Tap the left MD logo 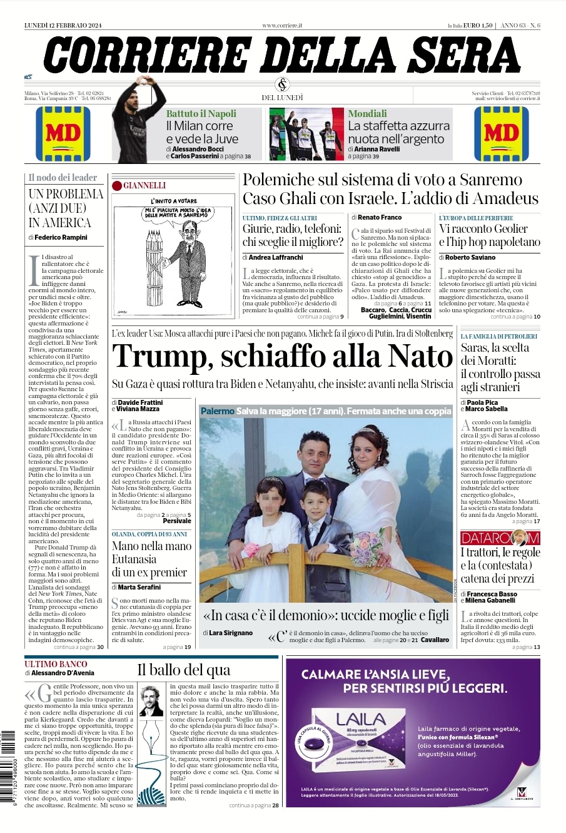tap(63, 133)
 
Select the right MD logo tap(502, 133)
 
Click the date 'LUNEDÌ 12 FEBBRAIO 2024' tap(63, 25)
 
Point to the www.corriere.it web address tap(282, 25)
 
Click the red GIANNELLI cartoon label tap(144, 185)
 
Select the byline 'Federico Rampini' tap(61, 238)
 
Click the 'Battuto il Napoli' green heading tap(201, 114)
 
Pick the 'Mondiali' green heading tap(367, 114)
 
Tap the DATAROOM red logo tap(500, 538)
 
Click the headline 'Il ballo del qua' tap(184, 670)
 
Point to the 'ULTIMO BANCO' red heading tap(56, 663)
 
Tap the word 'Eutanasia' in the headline tap(134, 559)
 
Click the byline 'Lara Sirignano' tap(231, 633)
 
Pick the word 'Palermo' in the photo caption tap(217, 411)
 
